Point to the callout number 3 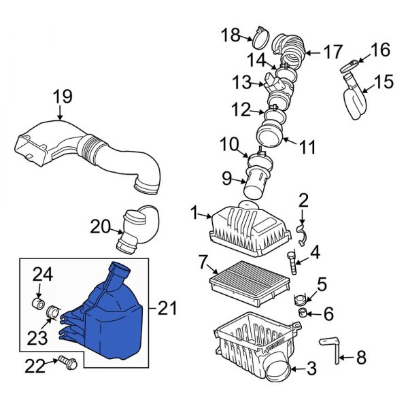(x=311, y=369)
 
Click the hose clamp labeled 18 (x=261, y=33)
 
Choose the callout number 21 (x=167, y=309)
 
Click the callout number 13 (x=242, y=83)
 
